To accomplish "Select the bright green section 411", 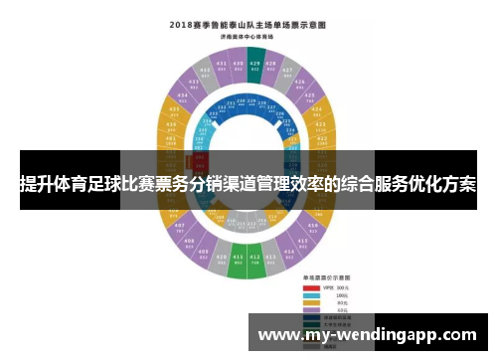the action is tap(239, 266).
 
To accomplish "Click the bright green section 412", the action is tap(255, 266).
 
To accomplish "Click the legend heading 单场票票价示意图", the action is tap(329, 278).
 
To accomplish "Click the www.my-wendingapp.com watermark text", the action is tap(366, 335).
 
